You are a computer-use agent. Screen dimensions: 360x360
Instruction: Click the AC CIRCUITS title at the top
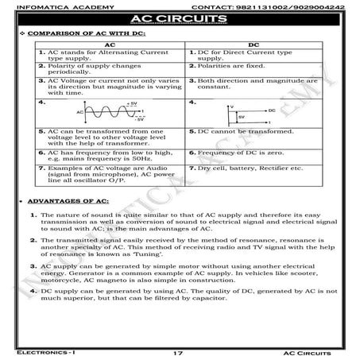point(180,20)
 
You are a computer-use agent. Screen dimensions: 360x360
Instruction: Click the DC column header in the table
point(254,45)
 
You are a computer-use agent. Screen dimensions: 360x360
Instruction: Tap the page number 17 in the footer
point(179,350)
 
